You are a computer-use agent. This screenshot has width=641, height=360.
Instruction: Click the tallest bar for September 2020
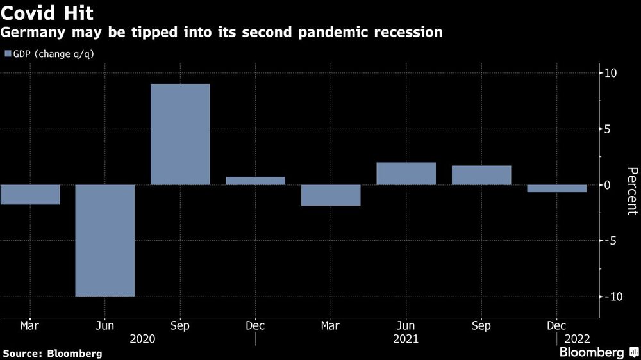pyautogui.click(x=180, y=135)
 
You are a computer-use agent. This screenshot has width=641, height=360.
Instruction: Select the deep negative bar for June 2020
pyautogui.click(x=105, y=240)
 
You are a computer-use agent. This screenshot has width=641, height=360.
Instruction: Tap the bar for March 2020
pyautogui.click(x=30, y=195)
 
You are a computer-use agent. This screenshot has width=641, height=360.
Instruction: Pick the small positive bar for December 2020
pyautogui.click(x=256, y=181)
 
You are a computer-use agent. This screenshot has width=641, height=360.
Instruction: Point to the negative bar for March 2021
pyautogui.click(x=331, y=195)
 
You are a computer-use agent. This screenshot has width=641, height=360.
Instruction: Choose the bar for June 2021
pyautogui.click(x=406, y=174)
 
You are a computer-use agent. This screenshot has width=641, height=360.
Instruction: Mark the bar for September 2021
pyautogui.click(x=481, y=176)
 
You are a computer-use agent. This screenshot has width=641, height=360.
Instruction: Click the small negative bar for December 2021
pyautogui.click(x=556, y=188)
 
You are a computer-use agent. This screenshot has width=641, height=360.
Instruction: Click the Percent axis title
pyautogui.click(x=632, y=190)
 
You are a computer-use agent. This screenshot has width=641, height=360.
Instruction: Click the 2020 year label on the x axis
pyautogui.click(x=142, y=339)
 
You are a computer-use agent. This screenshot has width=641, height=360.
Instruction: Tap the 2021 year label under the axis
pyautogui.click(x=406, y=339)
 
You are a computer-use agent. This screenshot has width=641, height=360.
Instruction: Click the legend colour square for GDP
pyautogui.click(x=8, y=54)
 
